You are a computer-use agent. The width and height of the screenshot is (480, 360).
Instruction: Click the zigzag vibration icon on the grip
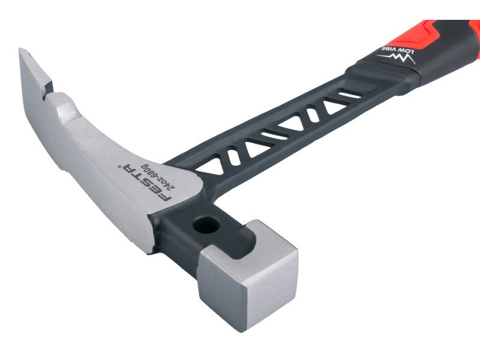point(397,58)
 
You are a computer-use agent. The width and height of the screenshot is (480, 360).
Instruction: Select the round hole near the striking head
point(206,226)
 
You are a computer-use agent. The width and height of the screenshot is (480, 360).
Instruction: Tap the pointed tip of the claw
point(20,50)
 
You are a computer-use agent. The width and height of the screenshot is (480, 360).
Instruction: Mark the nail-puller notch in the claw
point(47,91)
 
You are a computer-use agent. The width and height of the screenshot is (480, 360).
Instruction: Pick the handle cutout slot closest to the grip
point(350,95)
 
